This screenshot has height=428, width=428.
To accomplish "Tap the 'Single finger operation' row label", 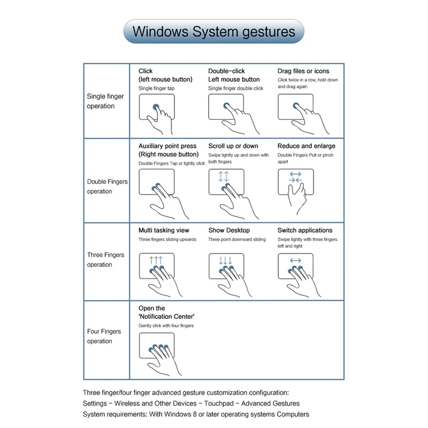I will click(105, 101).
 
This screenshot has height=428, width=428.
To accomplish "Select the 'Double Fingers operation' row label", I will click(107, 186).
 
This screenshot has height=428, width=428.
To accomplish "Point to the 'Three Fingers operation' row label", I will click(105, 259).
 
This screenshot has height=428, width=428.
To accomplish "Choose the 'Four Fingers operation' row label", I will click(104, 336).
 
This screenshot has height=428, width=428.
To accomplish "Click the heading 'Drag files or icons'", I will click(303, 71).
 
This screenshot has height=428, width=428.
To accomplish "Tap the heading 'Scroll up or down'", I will click(233, 146).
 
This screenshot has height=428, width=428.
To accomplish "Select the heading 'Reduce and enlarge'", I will click(307, 146).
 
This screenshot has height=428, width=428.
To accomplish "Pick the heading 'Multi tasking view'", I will click(164, 231).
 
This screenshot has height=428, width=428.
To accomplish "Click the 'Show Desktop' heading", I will click(229, 231).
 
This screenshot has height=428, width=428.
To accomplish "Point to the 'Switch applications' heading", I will click(305, 231).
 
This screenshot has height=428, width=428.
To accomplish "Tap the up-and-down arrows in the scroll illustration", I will click(224, 177).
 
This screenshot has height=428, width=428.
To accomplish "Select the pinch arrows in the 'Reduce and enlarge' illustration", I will click(295, 177).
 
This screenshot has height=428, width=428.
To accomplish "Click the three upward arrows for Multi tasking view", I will click(156, 261).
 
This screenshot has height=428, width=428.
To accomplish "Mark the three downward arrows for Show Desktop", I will click(226, 261).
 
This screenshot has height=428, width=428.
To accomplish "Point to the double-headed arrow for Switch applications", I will click(295, 261).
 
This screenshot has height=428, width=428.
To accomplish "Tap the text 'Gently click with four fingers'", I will click(166, 325).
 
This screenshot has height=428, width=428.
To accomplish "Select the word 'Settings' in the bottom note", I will click(95, 403).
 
